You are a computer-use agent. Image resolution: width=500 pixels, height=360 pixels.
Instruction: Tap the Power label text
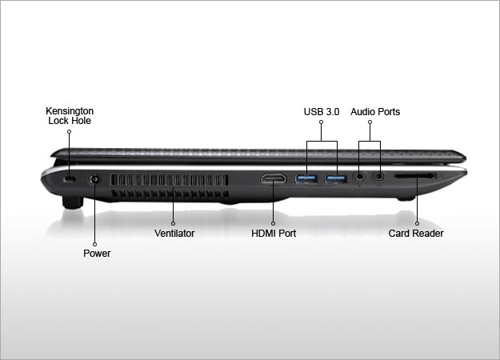tap(97, 254)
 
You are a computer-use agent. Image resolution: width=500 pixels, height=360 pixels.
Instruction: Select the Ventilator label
tap(174, 234)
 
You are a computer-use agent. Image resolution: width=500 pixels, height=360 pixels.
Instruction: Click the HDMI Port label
tap(274, 234)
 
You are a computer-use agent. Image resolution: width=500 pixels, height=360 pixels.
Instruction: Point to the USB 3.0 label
tap(322, 112)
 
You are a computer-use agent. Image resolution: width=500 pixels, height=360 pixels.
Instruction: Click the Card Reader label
tap(416, 234)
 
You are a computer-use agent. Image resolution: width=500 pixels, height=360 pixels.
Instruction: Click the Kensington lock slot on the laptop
tap(69, 181)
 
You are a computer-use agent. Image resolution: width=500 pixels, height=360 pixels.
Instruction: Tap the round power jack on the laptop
tap(96, 180)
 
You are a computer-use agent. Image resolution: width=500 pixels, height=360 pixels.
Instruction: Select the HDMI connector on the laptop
tap(274, 178)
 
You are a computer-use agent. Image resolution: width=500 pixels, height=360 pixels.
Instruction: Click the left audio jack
tap(361, 174)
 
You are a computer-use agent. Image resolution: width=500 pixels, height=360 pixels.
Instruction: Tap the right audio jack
tap(378, 174)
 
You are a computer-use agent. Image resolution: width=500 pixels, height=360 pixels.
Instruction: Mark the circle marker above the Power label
tap(96, 242)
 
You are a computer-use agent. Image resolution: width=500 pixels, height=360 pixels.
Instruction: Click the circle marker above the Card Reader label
tap(416, 222)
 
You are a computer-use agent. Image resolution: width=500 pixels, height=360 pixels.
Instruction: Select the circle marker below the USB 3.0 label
tap(322, 123)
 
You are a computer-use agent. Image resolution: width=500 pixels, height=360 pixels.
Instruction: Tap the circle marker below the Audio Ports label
tap(370, 123)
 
